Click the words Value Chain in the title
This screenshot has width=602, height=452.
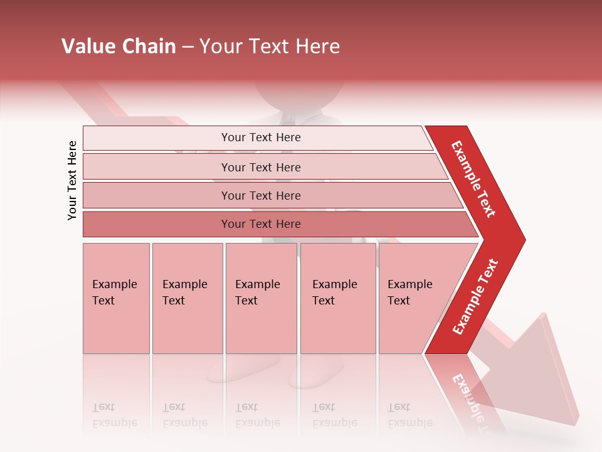119,46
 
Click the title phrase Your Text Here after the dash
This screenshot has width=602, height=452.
270,46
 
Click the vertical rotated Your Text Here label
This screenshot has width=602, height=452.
72,180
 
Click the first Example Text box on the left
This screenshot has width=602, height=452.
116,298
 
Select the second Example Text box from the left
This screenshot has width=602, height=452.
187,298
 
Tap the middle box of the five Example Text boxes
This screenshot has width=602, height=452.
260,298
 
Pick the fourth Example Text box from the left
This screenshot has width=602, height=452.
337,298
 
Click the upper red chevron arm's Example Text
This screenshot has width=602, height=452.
474,179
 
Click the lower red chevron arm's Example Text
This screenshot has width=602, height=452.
476,296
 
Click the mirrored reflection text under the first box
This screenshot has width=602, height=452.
115,414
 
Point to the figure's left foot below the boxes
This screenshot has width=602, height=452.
232,370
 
